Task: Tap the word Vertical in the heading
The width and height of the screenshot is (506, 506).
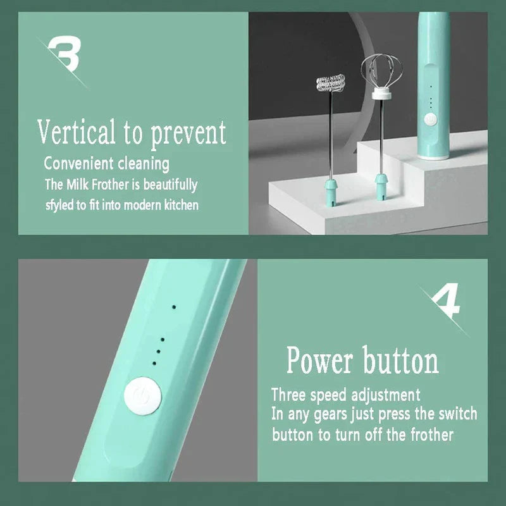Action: [76, 132]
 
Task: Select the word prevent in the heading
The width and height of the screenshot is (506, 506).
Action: [188, 134]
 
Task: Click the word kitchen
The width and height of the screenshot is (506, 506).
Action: [182, 205]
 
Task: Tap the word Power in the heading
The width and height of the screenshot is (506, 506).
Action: [319, 360]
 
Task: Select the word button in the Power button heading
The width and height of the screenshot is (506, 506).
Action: [401, 360]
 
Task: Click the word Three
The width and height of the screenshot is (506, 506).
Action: [288, 395]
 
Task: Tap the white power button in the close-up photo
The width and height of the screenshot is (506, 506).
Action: [143, 397]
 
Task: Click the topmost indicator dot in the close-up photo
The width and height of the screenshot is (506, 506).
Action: [174, 307]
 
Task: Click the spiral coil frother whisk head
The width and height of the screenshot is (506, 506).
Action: [330, 83]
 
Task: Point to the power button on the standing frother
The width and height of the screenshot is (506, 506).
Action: [430, 120]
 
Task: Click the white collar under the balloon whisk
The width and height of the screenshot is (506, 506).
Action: [381, 95]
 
